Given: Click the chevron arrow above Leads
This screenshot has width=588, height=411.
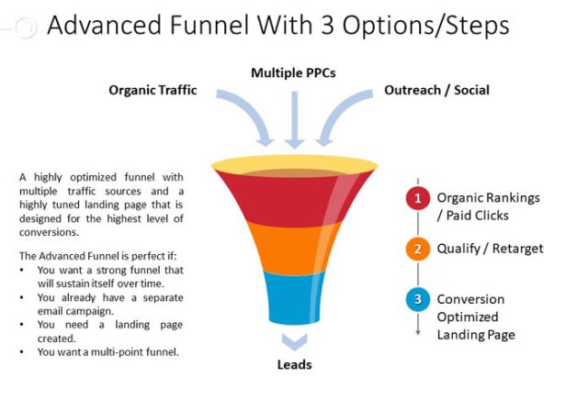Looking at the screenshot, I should tap(294, 342).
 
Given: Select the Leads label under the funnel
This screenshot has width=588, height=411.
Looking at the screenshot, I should tap(294, 365).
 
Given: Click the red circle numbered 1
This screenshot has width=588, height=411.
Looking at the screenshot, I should tap(418, 198).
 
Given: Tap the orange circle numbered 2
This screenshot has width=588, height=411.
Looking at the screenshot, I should tap(418, 249).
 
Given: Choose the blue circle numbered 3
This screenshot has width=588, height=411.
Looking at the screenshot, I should tap(418, 300).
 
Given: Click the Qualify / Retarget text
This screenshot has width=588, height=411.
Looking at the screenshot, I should tap(490, 249).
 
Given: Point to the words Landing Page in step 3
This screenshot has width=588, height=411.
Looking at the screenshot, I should tap(476, 335).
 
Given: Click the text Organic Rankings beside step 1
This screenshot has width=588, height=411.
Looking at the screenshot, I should tap(488, 197).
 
